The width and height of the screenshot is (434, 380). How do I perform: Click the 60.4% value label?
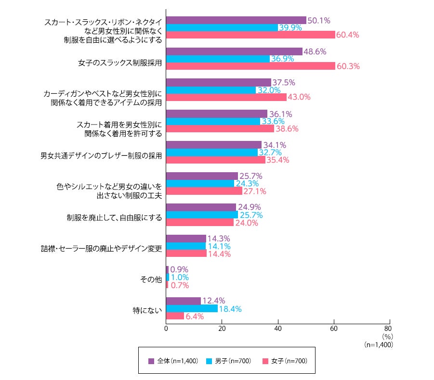tap(347, 35)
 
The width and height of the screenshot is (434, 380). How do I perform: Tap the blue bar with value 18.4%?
tap(192, 309)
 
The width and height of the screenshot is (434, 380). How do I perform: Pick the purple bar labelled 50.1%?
tap(236, 20)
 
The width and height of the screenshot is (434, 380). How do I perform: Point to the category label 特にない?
tap(147, 309)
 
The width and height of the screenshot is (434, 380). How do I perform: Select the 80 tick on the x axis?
tap(389, 329)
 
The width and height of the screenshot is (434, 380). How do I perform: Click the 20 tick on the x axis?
tap(222, 329)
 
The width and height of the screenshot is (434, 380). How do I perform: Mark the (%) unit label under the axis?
tap(387, 337)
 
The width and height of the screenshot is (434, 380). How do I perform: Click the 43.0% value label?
tap(299, 97)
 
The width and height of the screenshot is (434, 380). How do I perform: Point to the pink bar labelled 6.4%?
tap(175, 317)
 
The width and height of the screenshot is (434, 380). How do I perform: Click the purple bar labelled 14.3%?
tap(186, 239)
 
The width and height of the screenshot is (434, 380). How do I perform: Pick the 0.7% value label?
tap(180, 285)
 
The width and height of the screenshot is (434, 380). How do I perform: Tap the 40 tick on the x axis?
tap(277, 329)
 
